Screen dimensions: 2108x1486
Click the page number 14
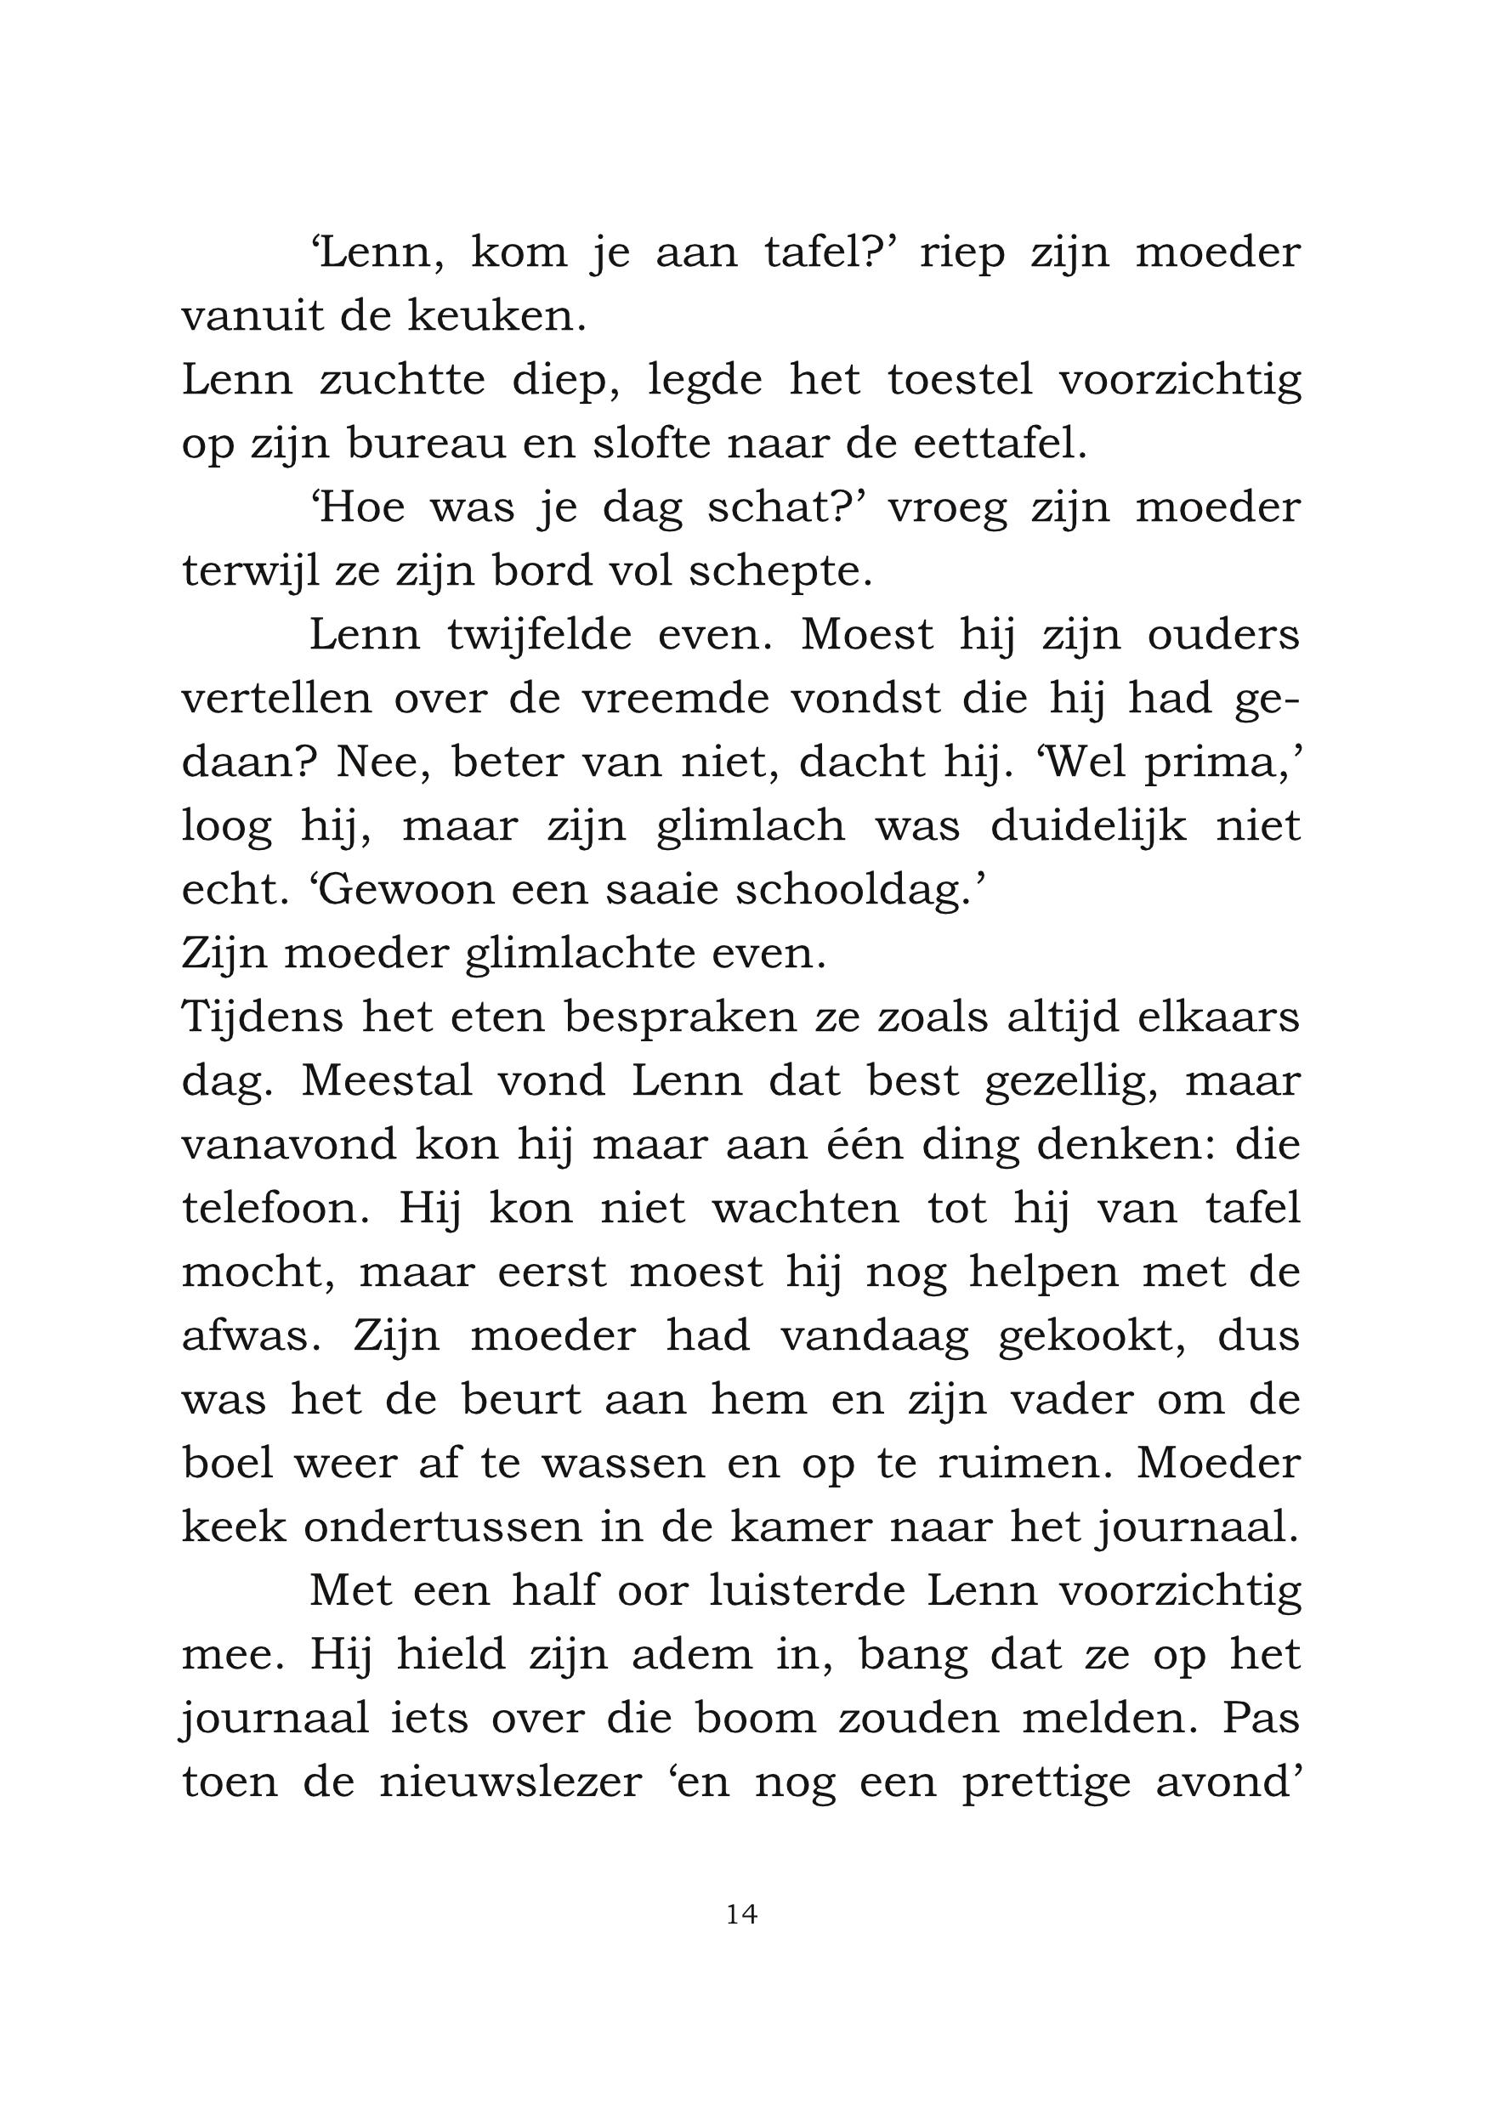point(741,1913)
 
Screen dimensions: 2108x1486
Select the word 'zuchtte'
point(401,380)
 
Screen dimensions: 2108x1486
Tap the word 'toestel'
point(960,380)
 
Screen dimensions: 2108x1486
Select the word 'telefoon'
point(275,1208)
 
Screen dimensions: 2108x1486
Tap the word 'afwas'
point(250,1336)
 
